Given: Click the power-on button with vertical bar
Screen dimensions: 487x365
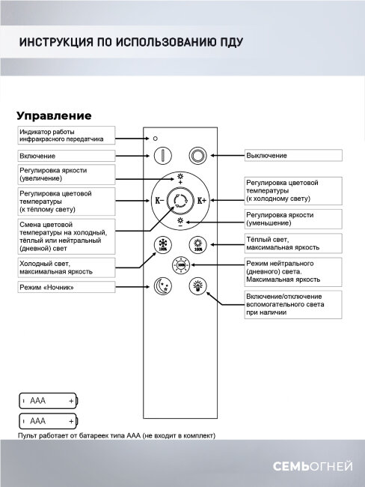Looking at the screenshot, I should [x=163, y=155].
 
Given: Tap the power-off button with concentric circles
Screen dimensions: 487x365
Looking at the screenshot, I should [x=197, y=155].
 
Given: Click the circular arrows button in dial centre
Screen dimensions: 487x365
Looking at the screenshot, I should [x=180, y=200].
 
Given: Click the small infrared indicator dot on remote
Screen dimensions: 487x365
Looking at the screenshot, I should [x=155, y=139].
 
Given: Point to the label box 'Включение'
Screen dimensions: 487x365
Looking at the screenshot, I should [x=67, y=155].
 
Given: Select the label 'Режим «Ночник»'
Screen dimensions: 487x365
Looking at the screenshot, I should [x=67, y=287].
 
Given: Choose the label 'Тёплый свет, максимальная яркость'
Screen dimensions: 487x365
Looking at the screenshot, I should [x=292, y=243].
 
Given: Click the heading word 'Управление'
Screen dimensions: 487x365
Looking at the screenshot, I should [x=53, y=116].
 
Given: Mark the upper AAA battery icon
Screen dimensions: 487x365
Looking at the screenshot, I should [x=49, y=402].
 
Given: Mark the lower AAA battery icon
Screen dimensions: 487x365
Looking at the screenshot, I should [x=49, y=421].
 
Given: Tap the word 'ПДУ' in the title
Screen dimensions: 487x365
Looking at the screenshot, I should [x=228, y=41].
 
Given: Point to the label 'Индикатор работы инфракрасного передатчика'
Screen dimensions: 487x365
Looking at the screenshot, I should [x=67, y=135].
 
